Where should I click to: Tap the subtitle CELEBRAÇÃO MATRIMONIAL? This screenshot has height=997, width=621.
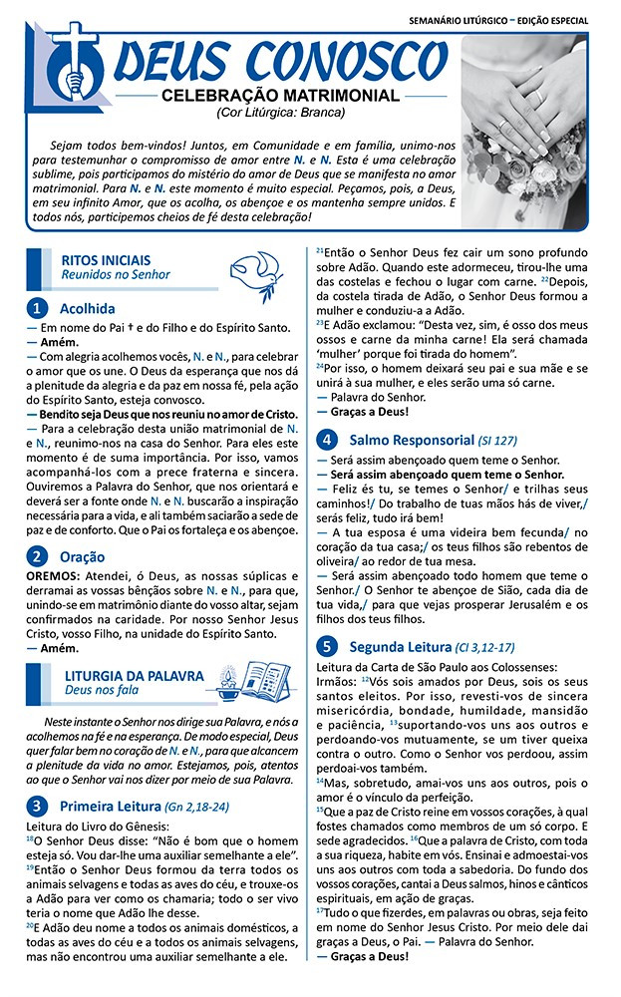280,96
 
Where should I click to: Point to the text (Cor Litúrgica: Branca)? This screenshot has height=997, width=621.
280,112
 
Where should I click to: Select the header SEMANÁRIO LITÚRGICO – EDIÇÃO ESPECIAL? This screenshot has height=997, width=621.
498,20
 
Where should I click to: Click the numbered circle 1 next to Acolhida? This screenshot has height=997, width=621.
37,308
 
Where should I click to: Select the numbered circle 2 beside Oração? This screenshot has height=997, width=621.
37,556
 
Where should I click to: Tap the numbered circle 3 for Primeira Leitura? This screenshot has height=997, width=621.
37,805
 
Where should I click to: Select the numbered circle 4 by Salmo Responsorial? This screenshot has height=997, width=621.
326,439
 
